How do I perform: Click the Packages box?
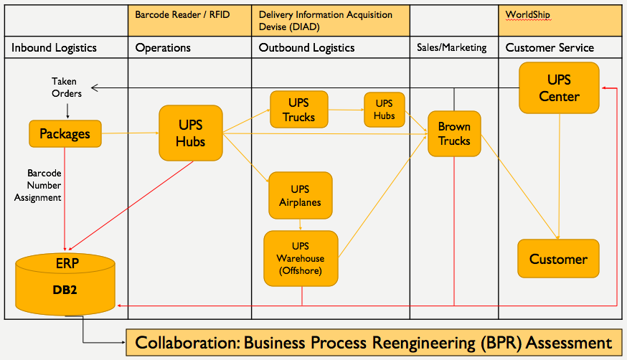click(65, 133)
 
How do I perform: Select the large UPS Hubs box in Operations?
click(190, 133)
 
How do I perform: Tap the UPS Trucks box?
click(299, 110)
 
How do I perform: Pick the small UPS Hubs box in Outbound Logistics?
click(384, 110)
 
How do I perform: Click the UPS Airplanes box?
click(300, 195)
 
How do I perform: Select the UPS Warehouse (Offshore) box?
click(301, 258)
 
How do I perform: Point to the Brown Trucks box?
click(453, 133)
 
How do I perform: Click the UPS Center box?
click(558, 87)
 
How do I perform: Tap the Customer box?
click(558, 259)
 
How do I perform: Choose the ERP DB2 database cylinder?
click(65, 283)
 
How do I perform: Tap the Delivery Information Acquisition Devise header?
click(331, 21)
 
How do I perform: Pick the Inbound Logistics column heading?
click(54, 48)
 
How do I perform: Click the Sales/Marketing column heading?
click(452, 48)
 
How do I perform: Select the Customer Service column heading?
click(550, 48)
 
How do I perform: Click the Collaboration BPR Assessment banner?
click(373, 342)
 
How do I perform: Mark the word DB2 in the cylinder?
click(64, 290)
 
